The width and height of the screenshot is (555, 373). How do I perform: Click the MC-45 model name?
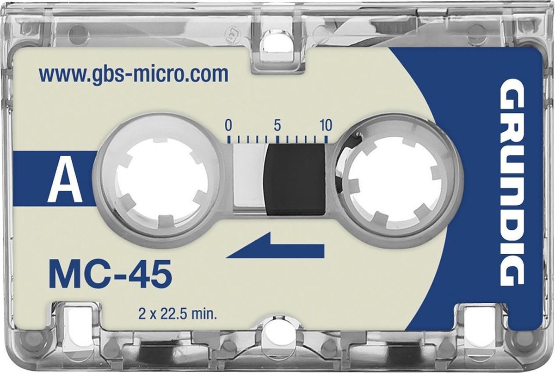(110, 274)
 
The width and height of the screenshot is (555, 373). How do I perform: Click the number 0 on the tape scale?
(228, 125)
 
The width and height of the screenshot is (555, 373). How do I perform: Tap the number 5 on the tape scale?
(277, 125)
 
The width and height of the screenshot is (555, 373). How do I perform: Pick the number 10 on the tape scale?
(326, 125)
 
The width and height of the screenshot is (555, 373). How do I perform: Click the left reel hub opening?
(161, 182)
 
